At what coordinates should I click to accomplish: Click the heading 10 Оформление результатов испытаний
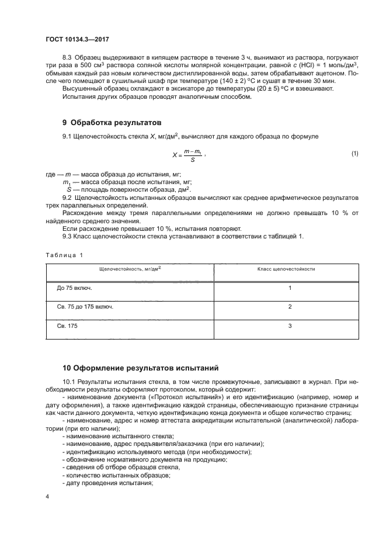[x=140, y=368]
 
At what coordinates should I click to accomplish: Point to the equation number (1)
[x=354, y=154]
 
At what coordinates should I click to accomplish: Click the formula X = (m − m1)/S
[x=189, y=154]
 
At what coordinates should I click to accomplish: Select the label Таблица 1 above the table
[x=64, y=255]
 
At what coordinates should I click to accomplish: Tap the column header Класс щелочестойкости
[x=286, y=269]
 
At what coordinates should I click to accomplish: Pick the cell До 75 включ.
[x=74, y=288]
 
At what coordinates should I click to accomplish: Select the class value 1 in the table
[x=290, y=288]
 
